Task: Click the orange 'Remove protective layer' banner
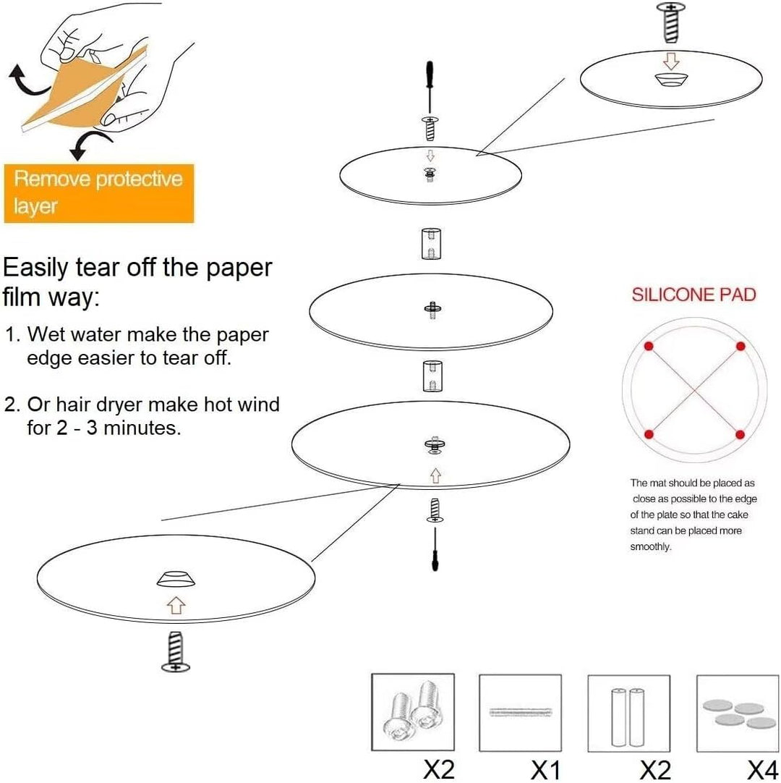tap(99, 193)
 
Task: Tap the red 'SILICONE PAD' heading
tap(693, 295)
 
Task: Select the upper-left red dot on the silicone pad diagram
tap(649, 346)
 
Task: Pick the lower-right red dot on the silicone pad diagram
tap(740, 434)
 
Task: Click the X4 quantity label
tap(762, 769)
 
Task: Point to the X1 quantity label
tap(545, 769)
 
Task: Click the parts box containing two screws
tap(413, 712)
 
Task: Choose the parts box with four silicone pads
tap(738, 713)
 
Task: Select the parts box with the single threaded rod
tap(521, 713)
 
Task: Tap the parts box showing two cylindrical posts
tap(629, 713)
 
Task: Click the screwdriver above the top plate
tap(430, 88)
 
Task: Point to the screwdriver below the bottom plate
tap(435, 549)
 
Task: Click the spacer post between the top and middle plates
tap(431, 244)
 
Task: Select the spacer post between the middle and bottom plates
tap(432, 376)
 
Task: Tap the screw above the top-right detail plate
tap(671, 23)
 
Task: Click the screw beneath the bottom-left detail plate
tap(176, 652)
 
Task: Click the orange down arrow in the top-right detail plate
tap(671, 61)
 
